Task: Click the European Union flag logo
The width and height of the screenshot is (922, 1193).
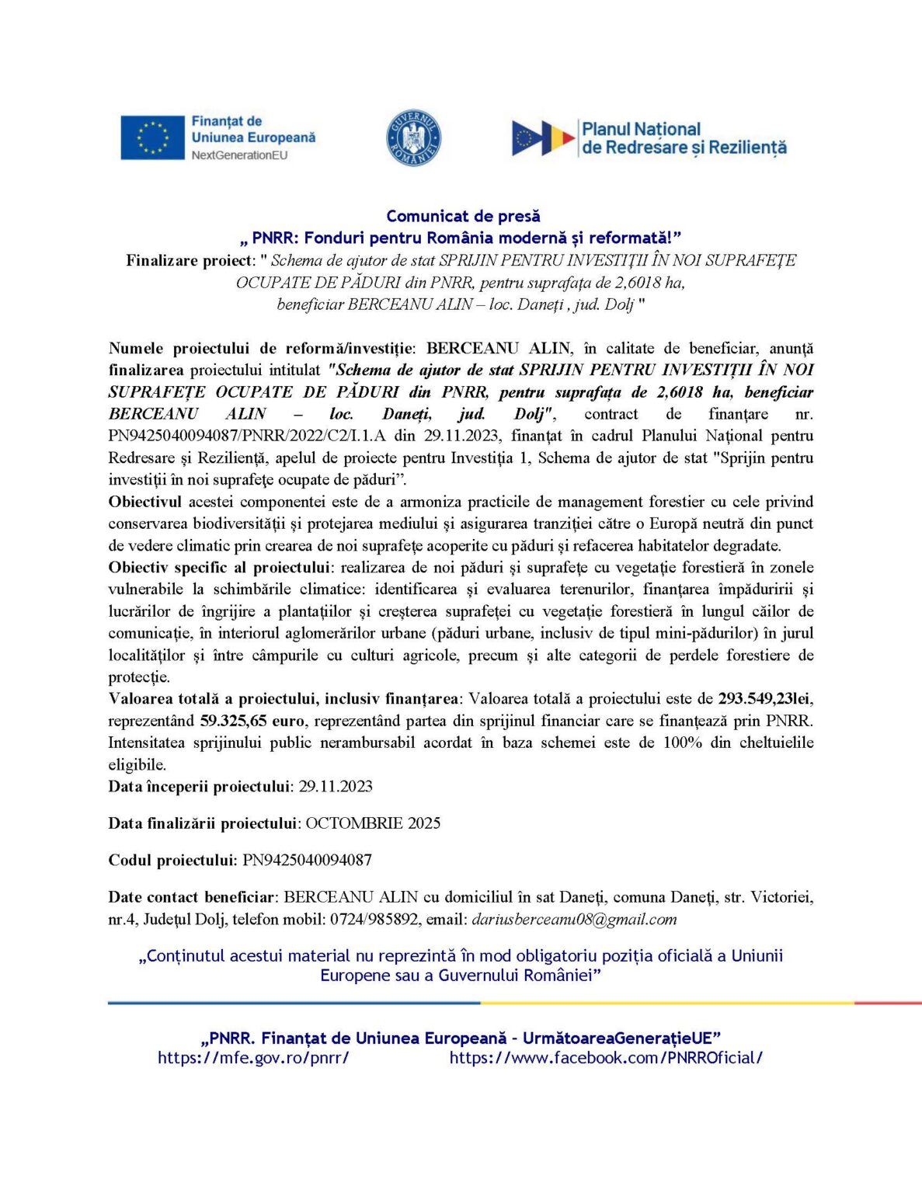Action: pos(152,137)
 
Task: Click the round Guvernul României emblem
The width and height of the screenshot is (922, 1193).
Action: pos(414,138)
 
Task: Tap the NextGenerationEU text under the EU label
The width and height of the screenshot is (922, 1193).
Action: pos(239,155)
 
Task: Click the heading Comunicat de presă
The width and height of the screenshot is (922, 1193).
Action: pos(463,216)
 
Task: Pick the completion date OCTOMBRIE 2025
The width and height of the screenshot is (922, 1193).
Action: pos(373,823)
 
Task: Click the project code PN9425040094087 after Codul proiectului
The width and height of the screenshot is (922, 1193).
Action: pos(307,860)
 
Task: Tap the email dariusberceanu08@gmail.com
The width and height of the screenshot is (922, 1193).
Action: pos(574,919)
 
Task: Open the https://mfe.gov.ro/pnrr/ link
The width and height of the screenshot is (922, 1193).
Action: pos(253,1057)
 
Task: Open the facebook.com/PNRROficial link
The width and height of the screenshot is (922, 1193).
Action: pos(606,1057)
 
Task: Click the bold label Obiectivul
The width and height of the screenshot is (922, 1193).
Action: pos(145,502)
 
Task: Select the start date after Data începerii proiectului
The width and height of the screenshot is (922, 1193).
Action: pos(336,786)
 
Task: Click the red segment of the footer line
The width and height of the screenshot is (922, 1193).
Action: pos(888,1003)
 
